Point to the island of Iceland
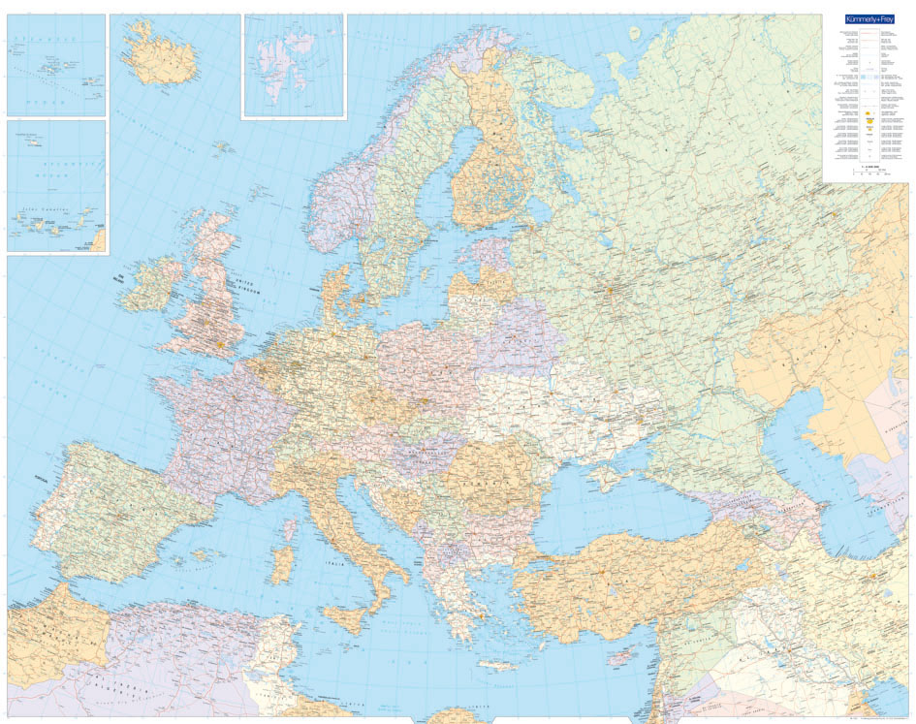tap(160, 58)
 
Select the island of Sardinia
tap(283, 564)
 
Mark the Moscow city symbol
tap(610, 288)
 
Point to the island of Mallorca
tap(202, 555)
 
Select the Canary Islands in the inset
tap(48, 228)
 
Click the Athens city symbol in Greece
tap(478, 612)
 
